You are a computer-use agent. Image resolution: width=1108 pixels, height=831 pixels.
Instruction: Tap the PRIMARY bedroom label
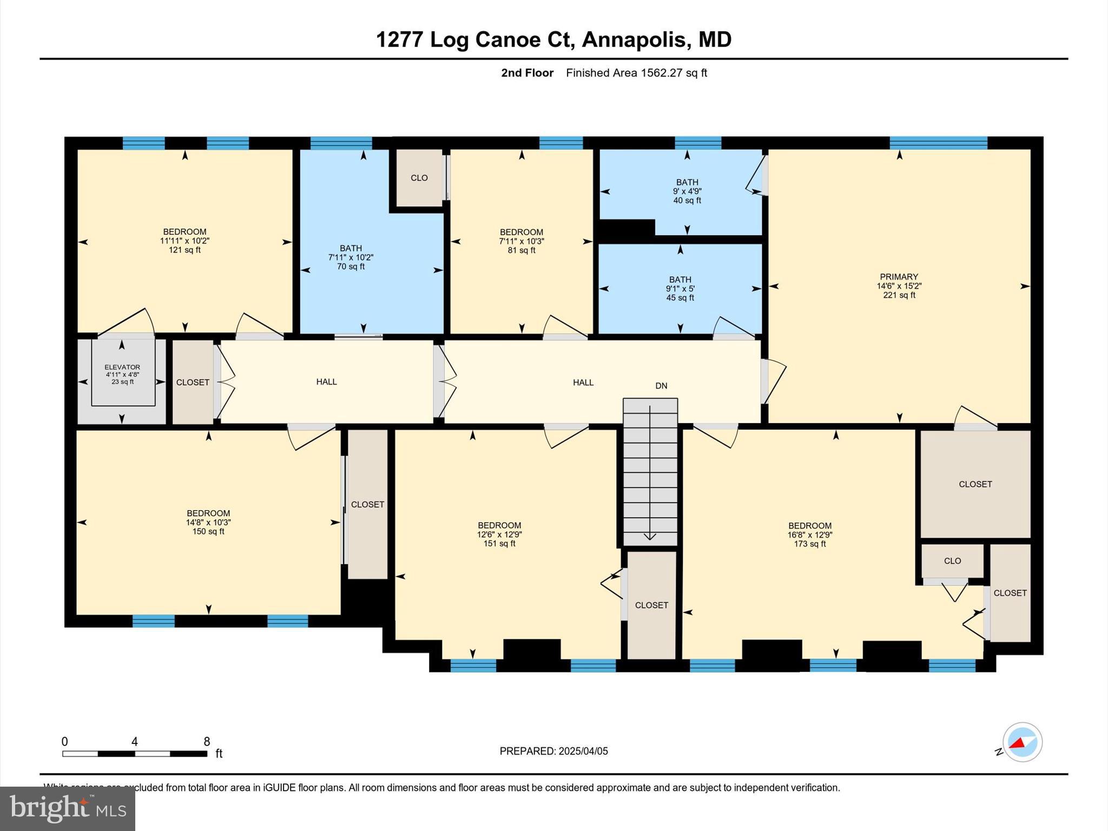(899, 286)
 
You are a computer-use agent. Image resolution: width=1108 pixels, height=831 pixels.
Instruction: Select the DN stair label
(661, 386)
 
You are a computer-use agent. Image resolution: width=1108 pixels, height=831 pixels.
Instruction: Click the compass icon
(1022, 742)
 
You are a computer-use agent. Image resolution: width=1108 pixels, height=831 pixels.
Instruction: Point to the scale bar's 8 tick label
(207, 742)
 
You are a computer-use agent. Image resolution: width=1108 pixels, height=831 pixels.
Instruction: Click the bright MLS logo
(68, 809)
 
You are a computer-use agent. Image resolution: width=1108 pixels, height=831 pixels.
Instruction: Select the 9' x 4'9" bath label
(687, 192)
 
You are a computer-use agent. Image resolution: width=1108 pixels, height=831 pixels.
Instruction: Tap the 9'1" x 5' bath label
(680, 289)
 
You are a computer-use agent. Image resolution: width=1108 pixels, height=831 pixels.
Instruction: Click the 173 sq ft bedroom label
(809, 535)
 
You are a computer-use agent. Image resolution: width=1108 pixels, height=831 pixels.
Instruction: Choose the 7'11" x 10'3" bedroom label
(521, 241)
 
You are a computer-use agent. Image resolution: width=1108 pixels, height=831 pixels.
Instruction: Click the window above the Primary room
(938, 143)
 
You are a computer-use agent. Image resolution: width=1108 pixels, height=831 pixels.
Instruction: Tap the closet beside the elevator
(193, 382)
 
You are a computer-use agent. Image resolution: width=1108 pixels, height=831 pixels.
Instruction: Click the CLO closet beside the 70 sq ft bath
(419, 178)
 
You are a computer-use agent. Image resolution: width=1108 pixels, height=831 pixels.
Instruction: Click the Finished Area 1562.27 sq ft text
(636, 73)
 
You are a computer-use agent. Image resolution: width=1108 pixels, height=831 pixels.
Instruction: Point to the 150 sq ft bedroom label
(208, 523)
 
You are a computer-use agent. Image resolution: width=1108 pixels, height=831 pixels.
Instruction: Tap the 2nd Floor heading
(527, 73)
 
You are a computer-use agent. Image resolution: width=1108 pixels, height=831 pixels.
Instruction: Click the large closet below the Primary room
(975, 484)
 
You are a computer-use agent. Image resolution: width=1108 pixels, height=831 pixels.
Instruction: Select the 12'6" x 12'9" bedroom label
(499, 535)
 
